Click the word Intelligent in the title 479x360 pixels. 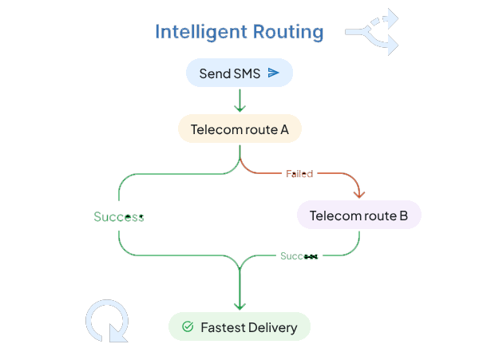[x=191, y=32]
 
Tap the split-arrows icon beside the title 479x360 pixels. [x=371, y=32]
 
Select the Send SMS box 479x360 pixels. [x=239, y=73]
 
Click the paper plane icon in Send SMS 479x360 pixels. [x=273, y=73]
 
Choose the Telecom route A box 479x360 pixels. [x=239, y=129]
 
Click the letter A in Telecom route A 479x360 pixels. [x=283, y=129]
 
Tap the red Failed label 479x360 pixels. [x=299, y=173]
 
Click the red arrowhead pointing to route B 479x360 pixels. [x=359, y=192]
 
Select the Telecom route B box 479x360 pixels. [x=358, y=216]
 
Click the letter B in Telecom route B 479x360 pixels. [x=403, y=216]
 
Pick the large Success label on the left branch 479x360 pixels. [x=119, y=217]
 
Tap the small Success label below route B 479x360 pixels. [x=299, y=256]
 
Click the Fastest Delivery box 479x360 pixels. [x=239, y=327]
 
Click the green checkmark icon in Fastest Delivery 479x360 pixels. [x=188, y=327]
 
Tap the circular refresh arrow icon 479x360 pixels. [x=107, y=321]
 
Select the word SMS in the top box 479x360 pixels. [x=247, y=73]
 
